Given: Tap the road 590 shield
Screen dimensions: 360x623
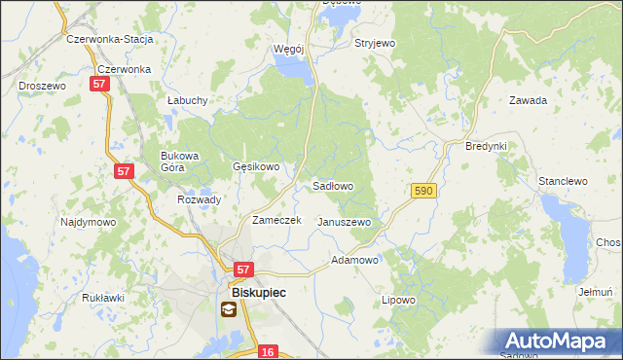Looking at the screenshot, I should click(422, 193).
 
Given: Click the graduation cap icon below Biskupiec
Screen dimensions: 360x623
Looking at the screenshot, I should click(228, 310).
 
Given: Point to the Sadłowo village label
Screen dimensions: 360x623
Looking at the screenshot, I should click(333, 185).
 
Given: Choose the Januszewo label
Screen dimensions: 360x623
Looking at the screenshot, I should click(345, 222).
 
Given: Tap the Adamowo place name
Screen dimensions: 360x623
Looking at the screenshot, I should click(354, 261).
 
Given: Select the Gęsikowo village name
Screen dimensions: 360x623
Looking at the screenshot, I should click(256, 166).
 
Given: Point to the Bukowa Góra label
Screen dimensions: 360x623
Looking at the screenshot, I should click(179, 162).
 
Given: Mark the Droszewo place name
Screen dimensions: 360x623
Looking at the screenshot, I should click(42, 86).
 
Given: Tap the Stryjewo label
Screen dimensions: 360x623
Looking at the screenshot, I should click(375, 44).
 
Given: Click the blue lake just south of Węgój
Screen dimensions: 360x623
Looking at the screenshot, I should click(293, 68).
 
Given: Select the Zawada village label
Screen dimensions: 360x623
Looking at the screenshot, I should click(529, 100).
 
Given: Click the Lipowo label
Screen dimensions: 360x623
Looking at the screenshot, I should click(398, 300).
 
